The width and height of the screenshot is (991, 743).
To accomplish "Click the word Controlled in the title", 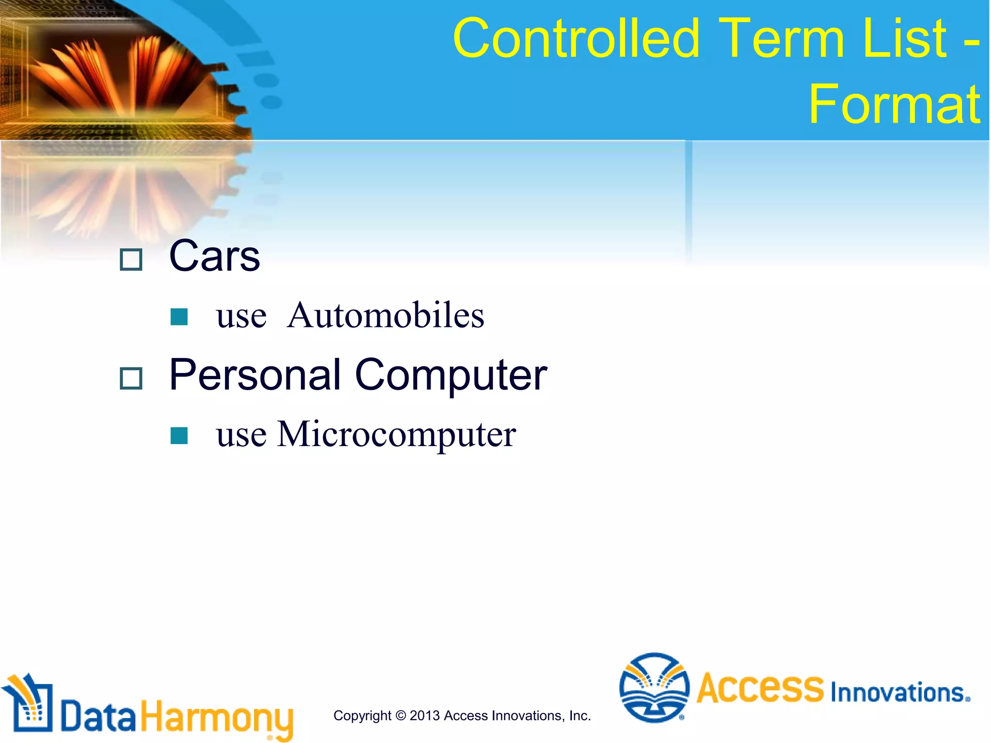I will (x=576, y=39).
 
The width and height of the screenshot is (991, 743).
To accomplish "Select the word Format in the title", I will (x=894, y=104).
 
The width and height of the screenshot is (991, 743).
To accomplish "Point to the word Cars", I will (x=214, y=256).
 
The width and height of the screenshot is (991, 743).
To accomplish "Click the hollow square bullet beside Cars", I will (x=131, y=260).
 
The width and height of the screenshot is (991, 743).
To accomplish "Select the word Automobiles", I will (x=385, y=315).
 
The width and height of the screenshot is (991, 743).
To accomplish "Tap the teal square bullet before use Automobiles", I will (x=179, y=317).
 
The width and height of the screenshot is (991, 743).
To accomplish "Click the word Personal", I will (x=255, y=375).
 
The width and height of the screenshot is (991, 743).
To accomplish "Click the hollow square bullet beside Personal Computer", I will (x=131, y=378).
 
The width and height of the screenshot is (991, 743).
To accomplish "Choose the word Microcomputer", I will (x=396, y=434).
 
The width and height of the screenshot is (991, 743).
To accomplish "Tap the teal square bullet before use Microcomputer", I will (x=179, y=435).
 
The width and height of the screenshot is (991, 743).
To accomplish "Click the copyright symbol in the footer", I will (x=401, y=716).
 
